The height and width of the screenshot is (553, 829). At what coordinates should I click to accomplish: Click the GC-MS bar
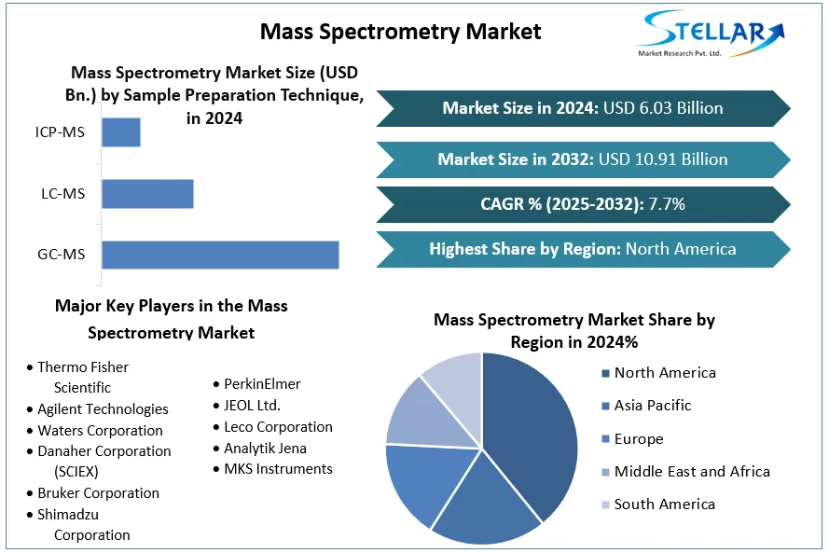(220, 255)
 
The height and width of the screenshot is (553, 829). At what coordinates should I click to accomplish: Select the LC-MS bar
(147, 194)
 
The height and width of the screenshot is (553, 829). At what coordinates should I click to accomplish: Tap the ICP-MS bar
(120, 132)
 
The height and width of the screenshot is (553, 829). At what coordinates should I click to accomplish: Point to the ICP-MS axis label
(60, 132)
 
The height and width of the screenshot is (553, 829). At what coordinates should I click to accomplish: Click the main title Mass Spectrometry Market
(400, 31)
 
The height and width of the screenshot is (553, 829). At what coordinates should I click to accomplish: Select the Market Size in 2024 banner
(582, 108)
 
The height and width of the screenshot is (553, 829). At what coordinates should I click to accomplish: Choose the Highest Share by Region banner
(582, 249)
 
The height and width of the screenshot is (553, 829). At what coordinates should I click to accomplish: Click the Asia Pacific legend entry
(652, 406)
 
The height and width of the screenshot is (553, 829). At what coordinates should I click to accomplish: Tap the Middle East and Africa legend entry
(691, 471)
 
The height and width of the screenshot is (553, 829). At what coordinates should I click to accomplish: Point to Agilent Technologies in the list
(103, 409)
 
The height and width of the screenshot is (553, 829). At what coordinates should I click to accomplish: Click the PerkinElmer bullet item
(261, 384)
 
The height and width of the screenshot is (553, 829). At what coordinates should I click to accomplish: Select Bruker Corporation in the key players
(98, 493)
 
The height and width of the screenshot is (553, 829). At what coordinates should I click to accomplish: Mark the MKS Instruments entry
(278, 469)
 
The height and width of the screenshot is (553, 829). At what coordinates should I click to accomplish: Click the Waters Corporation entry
(100, 431)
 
